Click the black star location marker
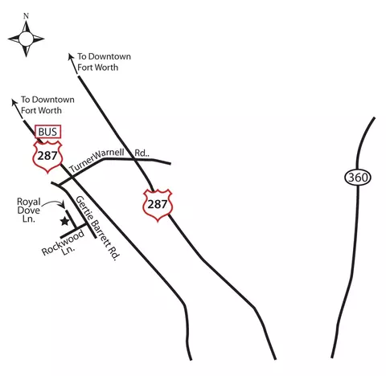pyautogui.click(x=64, y=221)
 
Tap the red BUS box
pyautogui.click(x=48, y=132)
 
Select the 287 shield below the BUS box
pyautogui.click(x=47, y=157)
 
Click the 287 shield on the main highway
pyautogui.click(x=158, y=205)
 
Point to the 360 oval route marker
pyautogui.click(x=358, y=178)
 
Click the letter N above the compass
pyautogui.click(x=26, y=16)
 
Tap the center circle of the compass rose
pyautogui.click(x=26, y=39)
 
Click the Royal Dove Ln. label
pyautogui.click(x=28, y=210)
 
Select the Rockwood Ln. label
pyautogui.click(x=64, y=244)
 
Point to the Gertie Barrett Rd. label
pyautogui.click(x=97, y=228)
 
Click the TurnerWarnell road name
pyautogui.click(x=96, y=160)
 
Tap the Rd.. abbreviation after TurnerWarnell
pyautogui.click(x=142, y=153)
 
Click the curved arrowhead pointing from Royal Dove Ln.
pyautogui.click(x=63, y=206)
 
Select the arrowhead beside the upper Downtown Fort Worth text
pyautogui.click(x=71, y=56)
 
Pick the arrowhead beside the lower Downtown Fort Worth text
pyautogui.click(x=14, y=102)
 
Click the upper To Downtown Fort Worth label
pyautogui.click(x=104, y=62)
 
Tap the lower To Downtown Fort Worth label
pyautogui.click(x=47, y=105)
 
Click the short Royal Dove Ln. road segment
pyautogui.click(x=71, y=219)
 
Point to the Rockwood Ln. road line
pyautogui.click(x=74, y=231)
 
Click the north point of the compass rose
pyautogui.click(x=26, y=22)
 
